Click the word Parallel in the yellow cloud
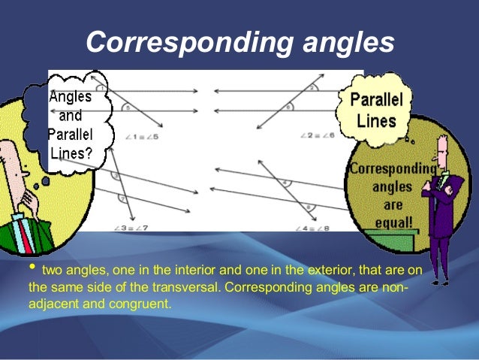coord(376,101)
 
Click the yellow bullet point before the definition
coord(32,268)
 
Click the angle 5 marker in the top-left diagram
coord(128,108)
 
